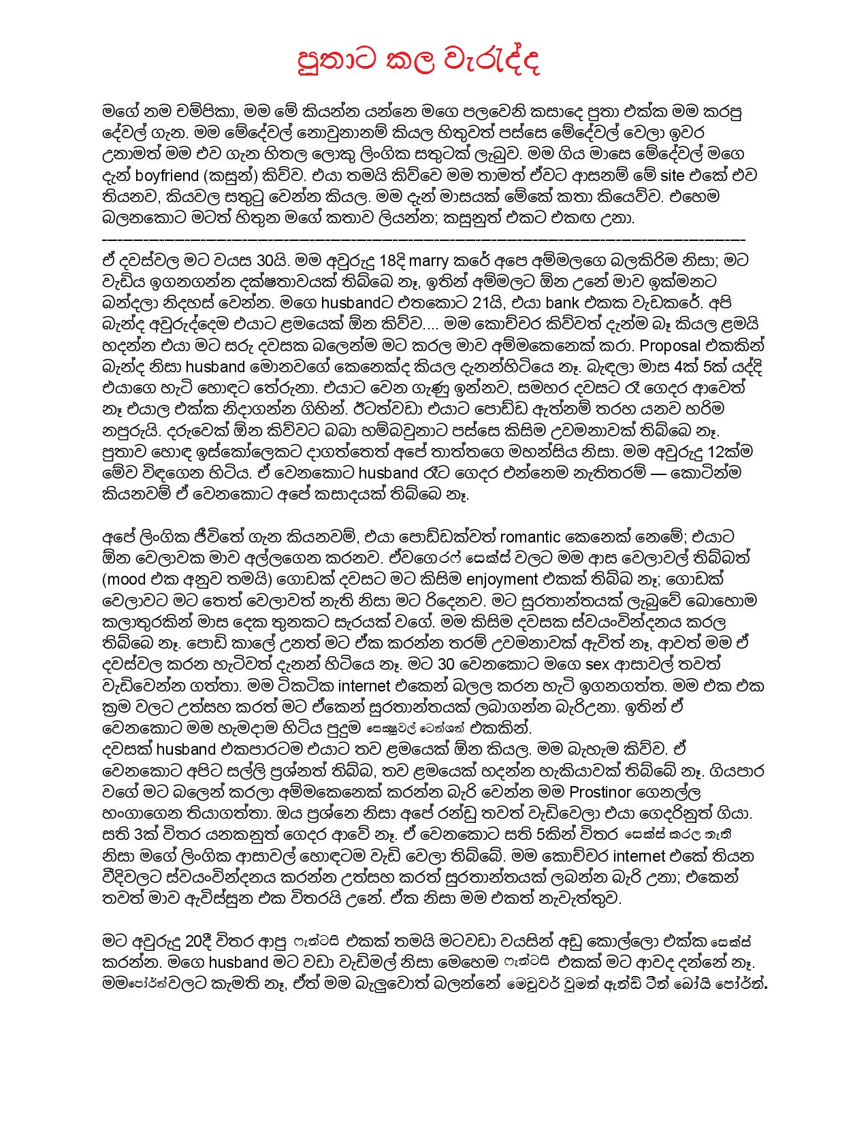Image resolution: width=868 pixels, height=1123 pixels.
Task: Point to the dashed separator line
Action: tap(423, 240)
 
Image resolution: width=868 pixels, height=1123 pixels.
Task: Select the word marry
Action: tap(428, 259)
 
